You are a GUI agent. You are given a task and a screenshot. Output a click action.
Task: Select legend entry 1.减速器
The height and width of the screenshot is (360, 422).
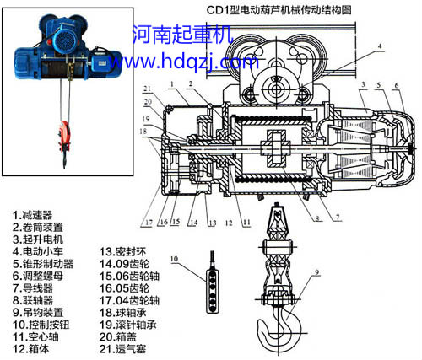pyautogui.click(x=34, y=215)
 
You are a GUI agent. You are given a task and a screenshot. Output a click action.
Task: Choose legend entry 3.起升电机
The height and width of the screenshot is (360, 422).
pyautogui.click(x=39, y=239)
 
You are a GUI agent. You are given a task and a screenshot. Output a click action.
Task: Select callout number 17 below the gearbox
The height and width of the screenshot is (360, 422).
pyautogui.click(x=149, y=223)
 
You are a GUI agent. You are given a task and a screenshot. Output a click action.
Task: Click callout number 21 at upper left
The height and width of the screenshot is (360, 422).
pyautogui.click(x=146, y=89)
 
